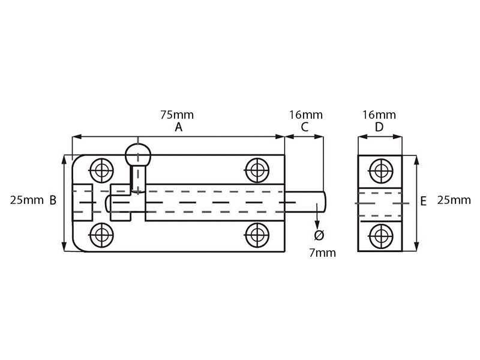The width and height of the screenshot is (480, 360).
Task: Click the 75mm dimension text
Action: coord(177,115)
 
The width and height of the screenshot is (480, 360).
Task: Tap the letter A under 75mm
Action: coord(178,127)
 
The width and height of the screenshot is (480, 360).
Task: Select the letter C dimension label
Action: coord(305,127)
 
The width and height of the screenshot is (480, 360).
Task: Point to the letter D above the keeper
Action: coord(379,127)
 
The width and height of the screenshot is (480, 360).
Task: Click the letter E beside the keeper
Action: coord(424,202)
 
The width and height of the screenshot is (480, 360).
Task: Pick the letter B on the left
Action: coord(53,200)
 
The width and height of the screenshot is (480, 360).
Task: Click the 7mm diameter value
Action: coord(322,253)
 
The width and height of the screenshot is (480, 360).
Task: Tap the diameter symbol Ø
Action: coord(319,235)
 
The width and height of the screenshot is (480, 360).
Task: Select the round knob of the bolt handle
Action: coord(138,155)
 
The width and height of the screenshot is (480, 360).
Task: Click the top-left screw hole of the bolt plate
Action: coord(101,170)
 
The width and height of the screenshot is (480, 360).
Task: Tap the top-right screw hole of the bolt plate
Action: coord(257,170)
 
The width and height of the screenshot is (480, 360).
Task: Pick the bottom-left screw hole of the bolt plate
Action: coord(101,235)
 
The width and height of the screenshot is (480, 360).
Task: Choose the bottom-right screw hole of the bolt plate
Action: coord(257,235)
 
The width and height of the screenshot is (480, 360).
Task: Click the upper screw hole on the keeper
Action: coord(381,171)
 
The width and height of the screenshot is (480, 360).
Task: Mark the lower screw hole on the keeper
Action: coord(381,236)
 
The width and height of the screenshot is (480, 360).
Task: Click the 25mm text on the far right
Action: coord(454,200)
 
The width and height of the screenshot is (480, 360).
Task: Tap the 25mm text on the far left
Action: coord(27,200)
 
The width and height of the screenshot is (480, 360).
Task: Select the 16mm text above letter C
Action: coord(306,115)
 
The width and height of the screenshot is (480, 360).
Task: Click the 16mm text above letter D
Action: coord(379,115)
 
